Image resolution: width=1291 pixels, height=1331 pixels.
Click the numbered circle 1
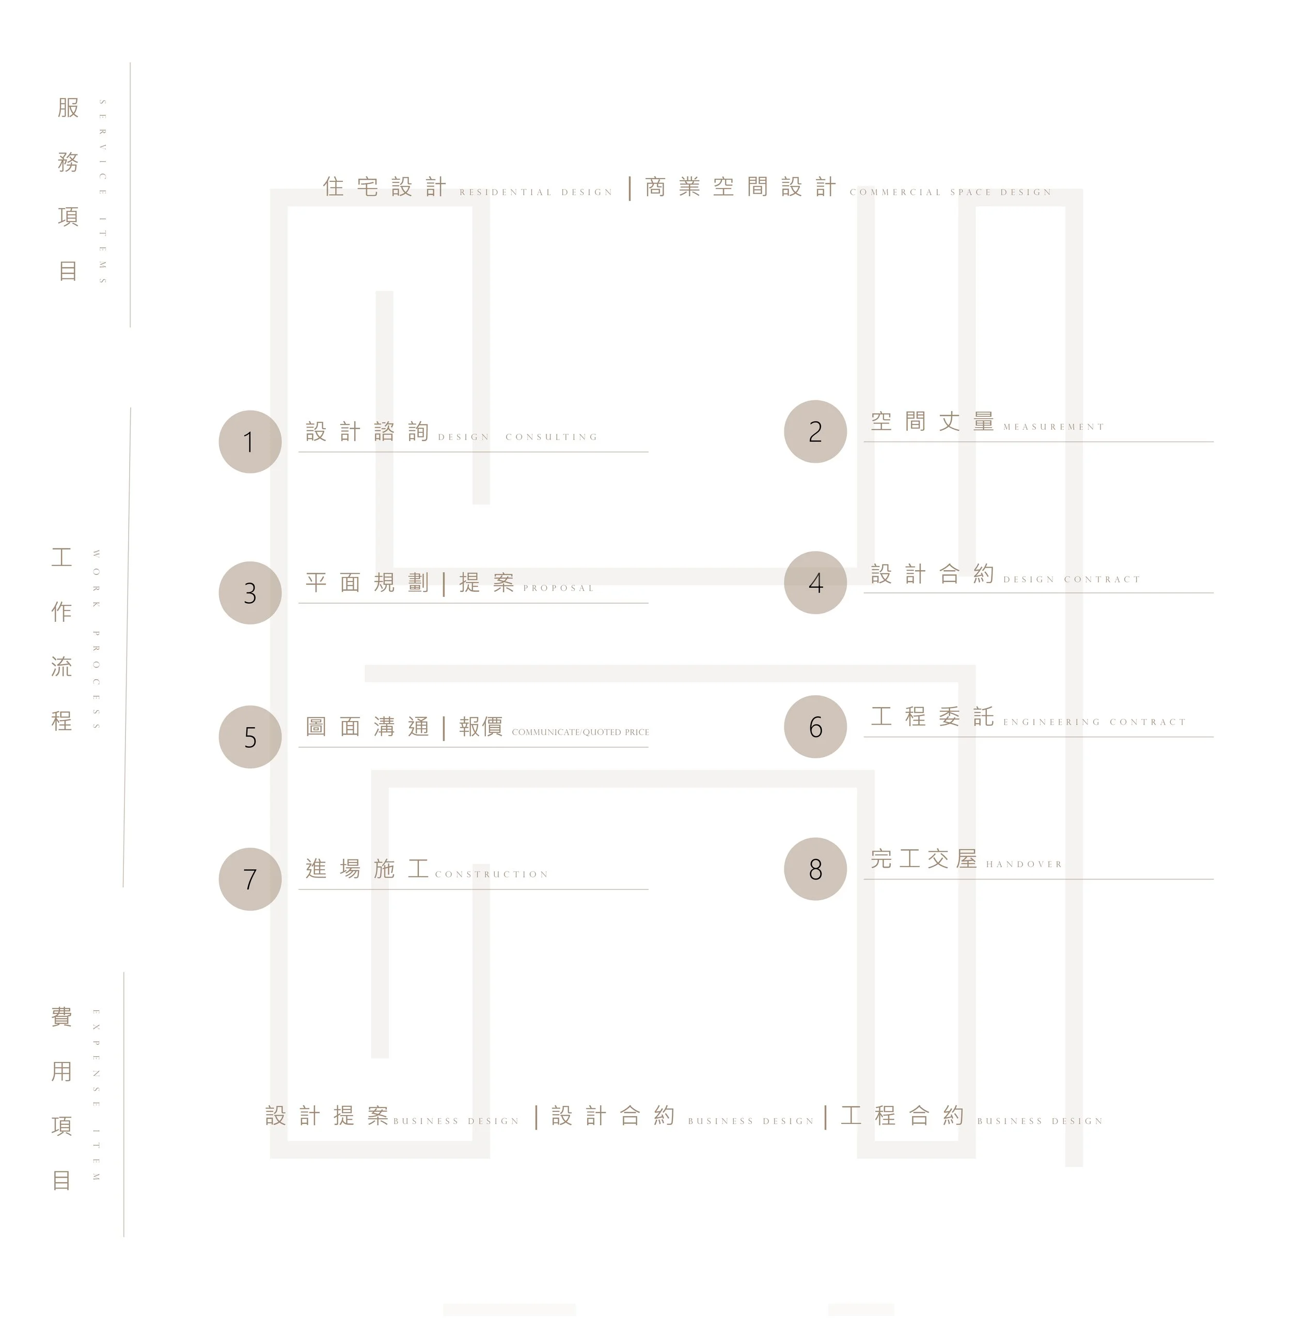pos(250,442)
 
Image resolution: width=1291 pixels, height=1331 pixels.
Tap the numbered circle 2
pos(815,431)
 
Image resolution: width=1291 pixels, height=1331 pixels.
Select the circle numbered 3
pos(250,593)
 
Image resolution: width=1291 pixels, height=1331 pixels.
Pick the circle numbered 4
pos(815,583)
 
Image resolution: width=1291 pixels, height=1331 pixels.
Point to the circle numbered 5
pos(250,737)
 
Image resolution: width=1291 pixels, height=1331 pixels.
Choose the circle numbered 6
pos(815,727)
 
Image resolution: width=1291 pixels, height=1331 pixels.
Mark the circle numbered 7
pos(250,879)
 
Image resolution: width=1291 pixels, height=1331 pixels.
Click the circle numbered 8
pos(815,869)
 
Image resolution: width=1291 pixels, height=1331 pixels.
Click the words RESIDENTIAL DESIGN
pos(536,192)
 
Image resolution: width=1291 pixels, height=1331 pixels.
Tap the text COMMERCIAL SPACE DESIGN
pos(950,192)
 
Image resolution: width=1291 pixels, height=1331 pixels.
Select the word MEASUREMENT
pos(1053,427)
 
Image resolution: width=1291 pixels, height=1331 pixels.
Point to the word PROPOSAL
pos(558,588)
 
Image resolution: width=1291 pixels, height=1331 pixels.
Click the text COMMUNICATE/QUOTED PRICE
pos(580,732)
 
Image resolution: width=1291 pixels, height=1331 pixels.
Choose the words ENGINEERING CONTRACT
pos(1094,722)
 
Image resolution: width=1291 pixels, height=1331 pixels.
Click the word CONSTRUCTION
pos(492,874)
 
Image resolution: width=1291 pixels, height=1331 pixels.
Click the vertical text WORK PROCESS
pos(97,640)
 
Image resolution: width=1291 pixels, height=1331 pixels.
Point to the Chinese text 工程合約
pos(902,1115)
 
